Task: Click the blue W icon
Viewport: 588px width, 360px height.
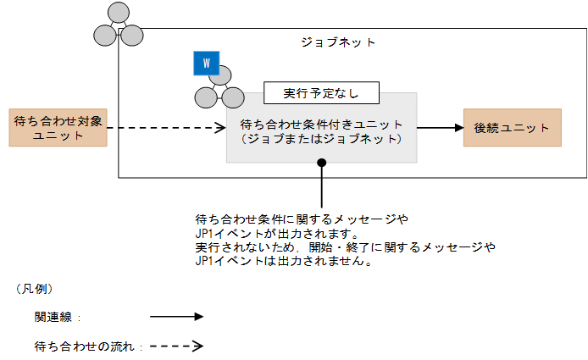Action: tap(206, 62)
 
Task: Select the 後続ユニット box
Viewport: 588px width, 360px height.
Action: tap(513, 128)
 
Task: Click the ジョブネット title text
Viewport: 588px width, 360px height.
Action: tap(338, 42)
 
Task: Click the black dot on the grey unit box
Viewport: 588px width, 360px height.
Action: tap(321, 162)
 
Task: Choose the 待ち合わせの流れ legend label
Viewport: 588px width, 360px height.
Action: tap(82, 346)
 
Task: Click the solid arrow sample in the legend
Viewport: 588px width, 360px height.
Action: tap(176, 317)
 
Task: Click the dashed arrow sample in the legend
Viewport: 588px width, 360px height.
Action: tap(176, 346)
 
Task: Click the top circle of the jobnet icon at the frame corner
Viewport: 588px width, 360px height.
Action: tap(118, 14)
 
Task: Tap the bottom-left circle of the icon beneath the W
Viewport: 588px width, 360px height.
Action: tap(205, 97)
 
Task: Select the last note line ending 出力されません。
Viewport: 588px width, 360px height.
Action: tap(285, 262)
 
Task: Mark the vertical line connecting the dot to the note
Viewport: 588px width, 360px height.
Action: tap(321, 186)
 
